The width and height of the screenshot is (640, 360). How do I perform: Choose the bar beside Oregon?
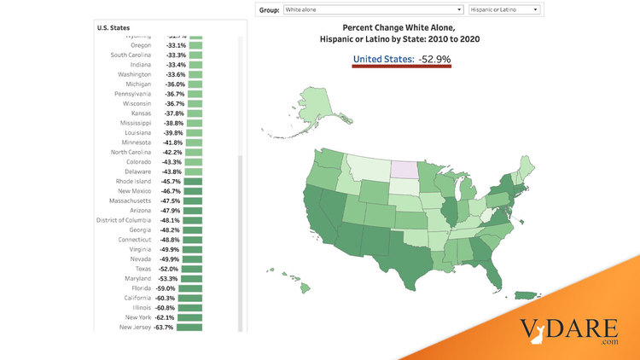[195, 45]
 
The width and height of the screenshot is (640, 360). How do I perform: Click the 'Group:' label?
[270, 9]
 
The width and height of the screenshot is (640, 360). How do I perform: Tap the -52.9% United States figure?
[434, 59]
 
